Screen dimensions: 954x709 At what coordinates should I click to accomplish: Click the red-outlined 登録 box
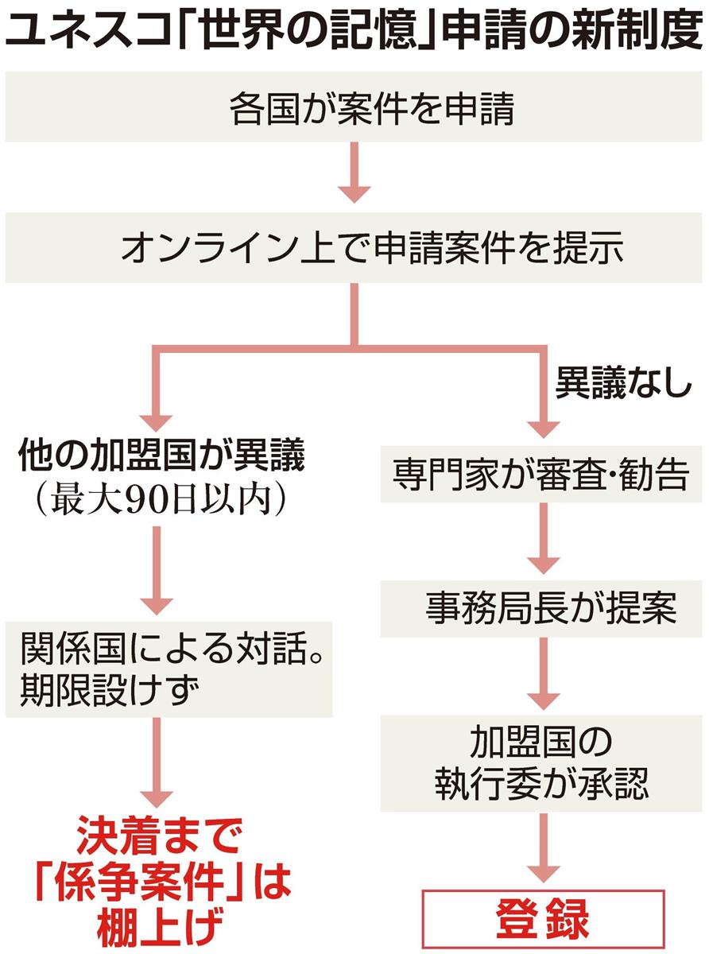[x=543, y=921]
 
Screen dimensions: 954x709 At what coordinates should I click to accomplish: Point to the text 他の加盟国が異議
[x=162, y=460]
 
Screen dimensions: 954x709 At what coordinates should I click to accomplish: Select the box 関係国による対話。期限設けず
[x=168, y=670]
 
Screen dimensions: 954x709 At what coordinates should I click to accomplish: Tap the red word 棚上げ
[x=159, y=927]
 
